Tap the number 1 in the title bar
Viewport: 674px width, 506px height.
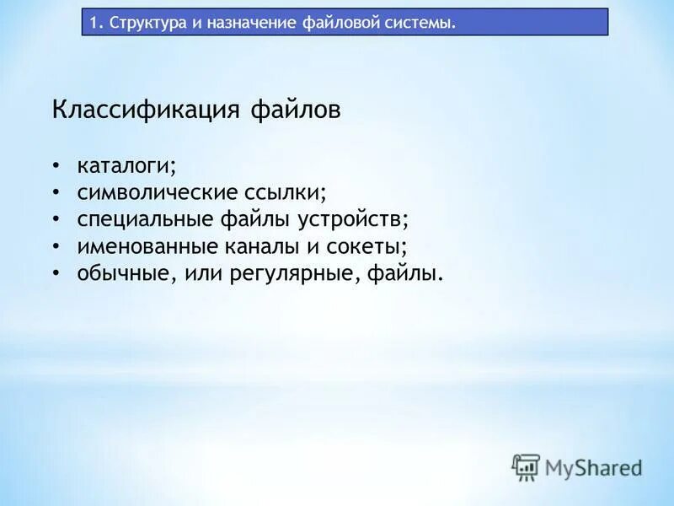pyautogui.click(x=95, y=23)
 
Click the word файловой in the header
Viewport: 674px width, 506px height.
pyautogui.click(x=334, y=23)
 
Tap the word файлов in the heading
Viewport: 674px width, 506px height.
pyautogui.click(x=296, y=110)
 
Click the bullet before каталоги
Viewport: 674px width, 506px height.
pyautogui.click(x=56, y=164)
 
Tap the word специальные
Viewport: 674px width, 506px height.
pyautogui.click(x=144, y=219)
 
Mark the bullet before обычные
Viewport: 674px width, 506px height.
pyautogui.click(x=56, y=272)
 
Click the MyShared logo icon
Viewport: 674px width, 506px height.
pyautogui.click(x=526, y=466)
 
